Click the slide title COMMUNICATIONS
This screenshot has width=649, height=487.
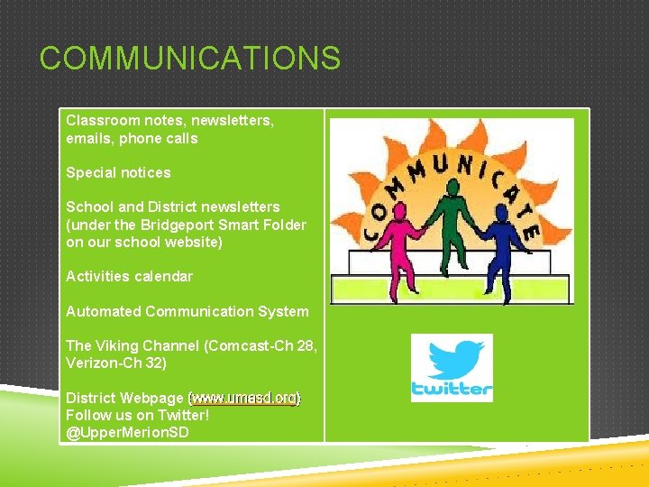[190, 59]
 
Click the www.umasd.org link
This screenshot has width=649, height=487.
[244, 398]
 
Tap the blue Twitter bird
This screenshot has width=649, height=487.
[453, 360]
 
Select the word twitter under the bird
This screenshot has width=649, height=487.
[452, 389]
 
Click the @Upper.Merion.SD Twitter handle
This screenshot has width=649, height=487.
[127, 432]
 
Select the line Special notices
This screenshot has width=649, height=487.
[118, 172]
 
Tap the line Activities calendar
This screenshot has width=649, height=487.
[129, 276]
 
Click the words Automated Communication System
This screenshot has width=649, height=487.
[187, 311]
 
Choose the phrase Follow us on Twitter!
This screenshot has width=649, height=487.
[137, 415]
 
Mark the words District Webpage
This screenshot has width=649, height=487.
[124, 398]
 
